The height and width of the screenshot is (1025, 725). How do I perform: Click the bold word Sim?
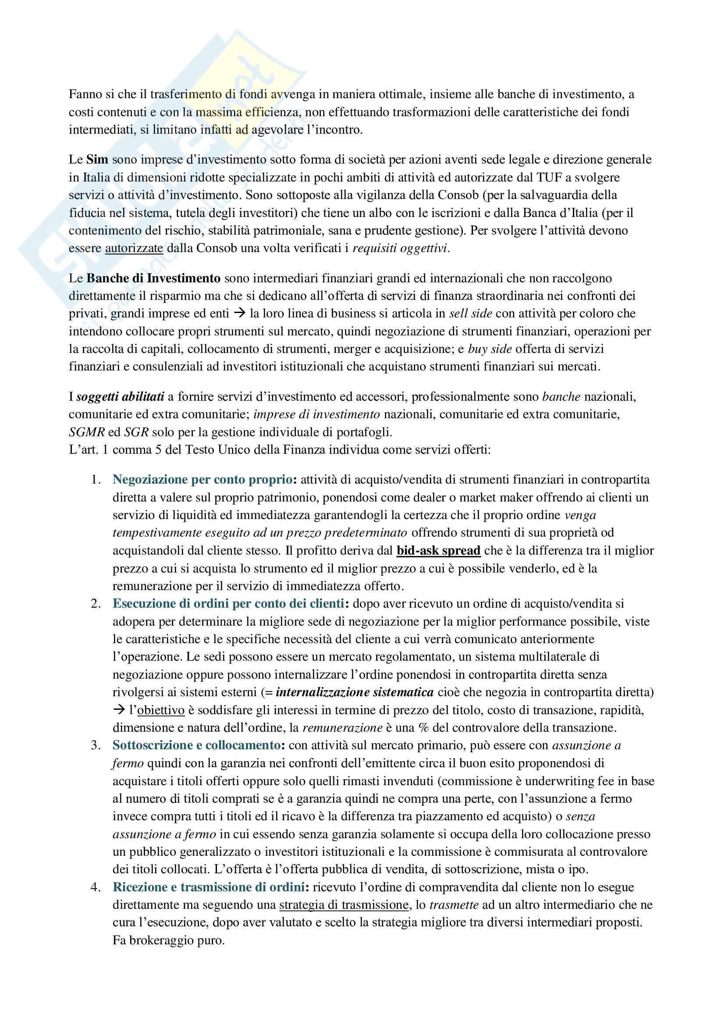tap(97, 160)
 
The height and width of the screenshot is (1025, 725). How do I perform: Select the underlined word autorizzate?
tap(134, 248)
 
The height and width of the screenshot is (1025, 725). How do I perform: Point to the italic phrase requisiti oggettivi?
tap(400, 248)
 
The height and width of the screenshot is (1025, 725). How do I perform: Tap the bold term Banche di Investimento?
tap(153, 278)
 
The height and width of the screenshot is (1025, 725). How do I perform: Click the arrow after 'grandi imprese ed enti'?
tap(240, 313)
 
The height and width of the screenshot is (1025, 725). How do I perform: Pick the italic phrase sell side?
tap(470, 313)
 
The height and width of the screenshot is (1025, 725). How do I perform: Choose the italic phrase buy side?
tap(490, 349)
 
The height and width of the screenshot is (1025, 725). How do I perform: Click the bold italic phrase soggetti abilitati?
tap(120, 396)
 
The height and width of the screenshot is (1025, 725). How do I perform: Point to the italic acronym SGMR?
tap(87, 432)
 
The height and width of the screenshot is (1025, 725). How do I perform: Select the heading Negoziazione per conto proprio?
tap(202, 480)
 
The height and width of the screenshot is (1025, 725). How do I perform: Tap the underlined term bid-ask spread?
tap(438, 551)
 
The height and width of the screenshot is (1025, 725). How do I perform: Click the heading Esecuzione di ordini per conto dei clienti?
tap(228, 604)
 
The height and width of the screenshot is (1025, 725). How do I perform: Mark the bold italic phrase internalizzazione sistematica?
tap(355, 692)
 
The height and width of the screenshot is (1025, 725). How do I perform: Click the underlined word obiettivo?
tap(161, 710)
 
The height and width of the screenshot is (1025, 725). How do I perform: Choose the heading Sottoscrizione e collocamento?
tap(196, 745)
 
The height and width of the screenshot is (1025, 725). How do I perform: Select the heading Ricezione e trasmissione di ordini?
tap(209, 887)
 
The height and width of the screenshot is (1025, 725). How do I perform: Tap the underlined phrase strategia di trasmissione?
tap(344, 905)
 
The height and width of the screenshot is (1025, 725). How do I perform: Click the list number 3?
tap(95, 745)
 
